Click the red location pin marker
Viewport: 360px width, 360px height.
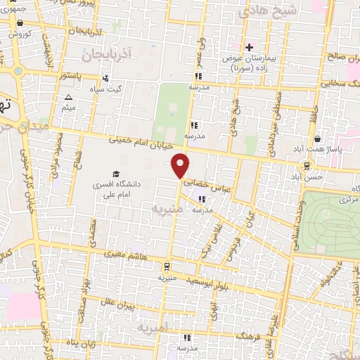pyautogui.click(x=181, y=165)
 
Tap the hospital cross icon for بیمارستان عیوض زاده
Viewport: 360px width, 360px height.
pyautogui.click(x=249, y=47)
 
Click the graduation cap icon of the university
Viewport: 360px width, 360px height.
pyautogui.click(x=115, y=174)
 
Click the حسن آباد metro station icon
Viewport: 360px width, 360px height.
pyautogui.click(x=307, y=165)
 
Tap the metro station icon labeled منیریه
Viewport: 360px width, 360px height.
pyautogui.click(x=166, y=266)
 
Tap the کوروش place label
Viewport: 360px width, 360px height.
pyautogui.click(x=22, y=33)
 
